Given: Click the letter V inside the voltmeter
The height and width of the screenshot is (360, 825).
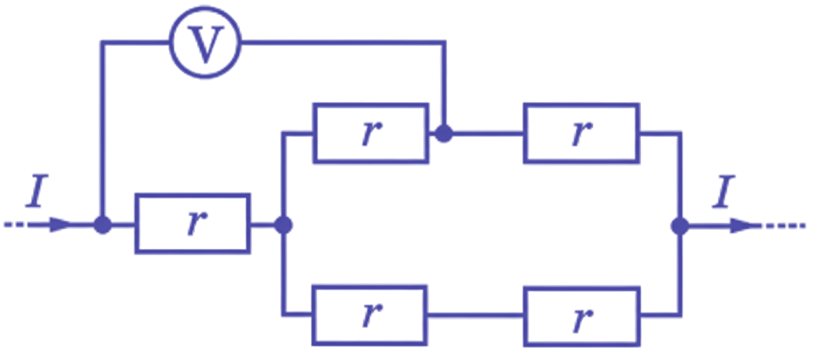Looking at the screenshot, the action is pos(205,44).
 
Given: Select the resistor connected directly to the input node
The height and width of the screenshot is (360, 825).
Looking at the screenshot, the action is pos(193,224).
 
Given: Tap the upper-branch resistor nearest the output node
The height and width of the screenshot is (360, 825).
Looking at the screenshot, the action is pos(581,133).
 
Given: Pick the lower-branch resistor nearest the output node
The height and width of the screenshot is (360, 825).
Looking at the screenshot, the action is pos(581,317).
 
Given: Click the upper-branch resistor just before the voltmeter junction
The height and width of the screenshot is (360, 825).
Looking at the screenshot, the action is pos(371,133).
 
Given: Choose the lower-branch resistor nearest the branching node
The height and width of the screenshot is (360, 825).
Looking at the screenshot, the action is pos(370,316).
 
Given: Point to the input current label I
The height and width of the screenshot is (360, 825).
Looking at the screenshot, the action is pos(37,191).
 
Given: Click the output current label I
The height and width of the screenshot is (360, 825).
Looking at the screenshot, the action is pos(723,192).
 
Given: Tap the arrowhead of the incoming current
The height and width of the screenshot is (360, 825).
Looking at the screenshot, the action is pos(61,225).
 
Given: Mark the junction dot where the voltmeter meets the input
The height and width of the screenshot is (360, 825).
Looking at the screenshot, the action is pos(103,225).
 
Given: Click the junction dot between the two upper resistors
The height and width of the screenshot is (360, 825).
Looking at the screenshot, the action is pos(444,133).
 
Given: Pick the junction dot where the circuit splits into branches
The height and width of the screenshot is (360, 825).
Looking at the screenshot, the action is pos(283,225).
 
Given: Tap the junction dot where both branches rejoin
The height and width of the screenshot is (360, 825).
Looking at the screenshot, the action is pos(680,226).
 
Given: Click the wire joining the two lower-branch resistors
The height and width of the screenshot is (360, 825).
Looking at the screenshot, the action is pos(475,316).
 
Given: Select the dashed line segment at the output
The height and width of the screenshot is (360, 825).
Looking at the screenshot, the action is pos(783,226).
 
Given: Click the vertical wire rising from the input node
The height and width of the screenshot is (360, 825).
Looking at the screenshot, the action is pos(103,133).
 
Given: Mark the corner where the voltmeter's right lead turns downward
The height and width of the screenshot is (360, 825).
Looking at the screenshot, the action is pos(444,43).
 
